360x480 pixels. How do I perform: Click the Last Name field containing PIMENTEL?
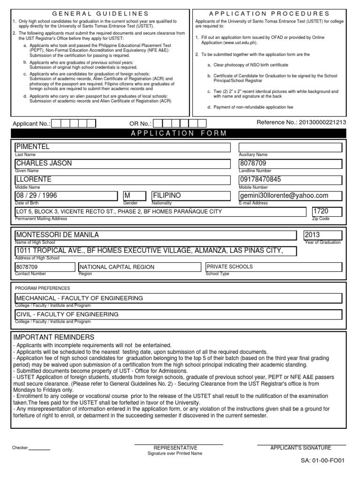click(122, 147)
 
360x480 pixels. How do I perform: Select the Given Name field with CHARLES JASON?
click(122, 164)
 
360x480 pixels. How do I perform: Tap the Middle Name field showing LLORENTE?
click(122, 180)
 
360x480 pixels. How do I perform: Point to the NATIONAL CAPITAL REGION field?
click(140, 267)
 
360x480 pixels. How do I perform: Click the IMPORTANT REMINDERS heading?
click(54, 337)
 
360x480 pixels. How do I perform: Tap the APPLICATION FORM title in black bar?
click(180, 133)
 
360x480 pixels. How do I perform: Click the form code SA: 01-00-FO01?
click(322, 460)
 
